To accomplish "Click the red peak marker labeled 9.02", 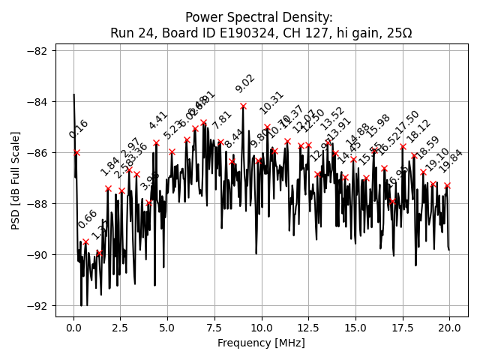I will (243, 106).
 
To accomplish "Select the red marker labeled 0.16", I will (76, 152).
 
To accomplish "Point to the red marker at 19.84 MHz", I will (447, 185).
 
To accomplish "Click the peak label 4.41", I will (157, 121).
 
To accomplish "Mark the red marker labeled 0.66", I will (85, 241).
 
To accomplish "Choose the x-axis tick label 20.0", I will (449, 328).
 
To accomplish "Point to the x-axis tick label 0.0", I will (73, 328).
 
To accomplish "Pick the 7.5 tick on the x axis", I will (214, 328).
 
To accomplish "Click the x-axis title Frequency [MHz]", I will (261, 343).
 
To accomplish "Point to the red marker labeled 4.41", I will (156, 142).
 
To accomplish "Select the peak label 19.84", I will (451, 161).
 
